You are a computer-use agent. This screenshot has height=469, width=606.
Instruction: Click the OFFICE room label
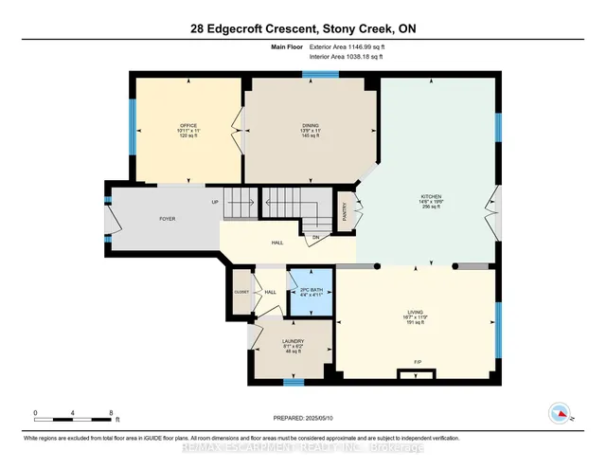point(187,125)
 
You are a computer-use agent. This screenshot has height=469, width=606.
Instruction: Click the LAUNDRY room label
point(292,340)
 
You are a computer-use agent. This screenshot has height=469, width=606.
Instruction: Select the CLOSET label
point(241,292)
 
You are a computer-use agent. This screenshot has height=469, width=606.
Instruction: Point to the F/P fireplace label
point(417,361)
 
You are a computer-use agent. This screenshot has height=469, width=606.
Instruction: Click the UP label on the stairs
point(215,202)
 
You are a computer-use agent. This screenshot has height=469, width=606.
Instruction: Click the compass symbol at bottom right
point(561,413)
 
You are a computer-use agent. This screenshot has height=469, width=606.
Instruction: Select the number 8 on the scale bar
point(112,413)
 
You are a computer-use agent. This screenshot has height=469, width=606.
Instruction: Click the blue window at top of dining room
point(313,74)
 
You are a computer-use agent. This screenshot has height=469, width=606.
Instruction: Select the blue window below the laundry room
point(294,382)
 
